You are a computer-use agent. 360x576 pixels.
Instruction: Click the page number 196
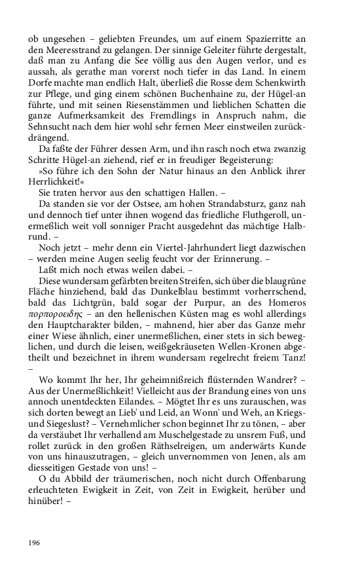click(34, 543)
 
